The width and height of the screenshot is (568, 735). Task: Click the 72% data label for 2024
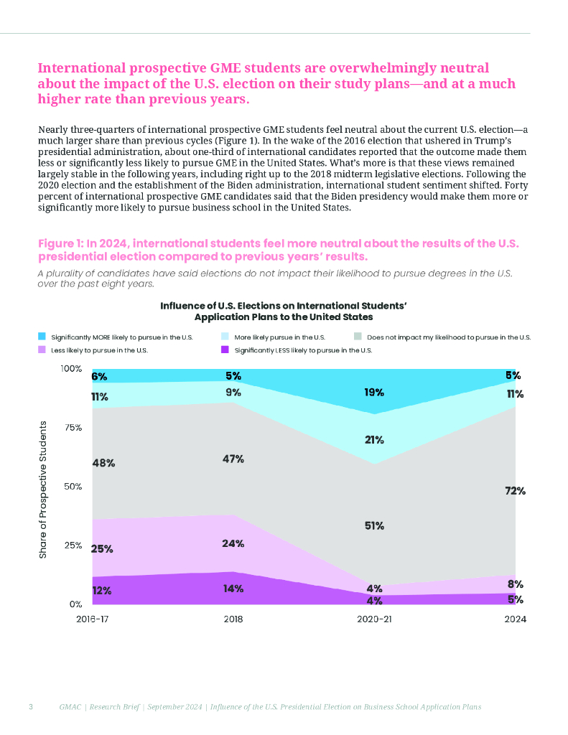(x=516, y=491)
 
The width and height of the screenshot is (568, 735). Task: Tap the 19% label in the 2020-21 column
(x=373, y=393)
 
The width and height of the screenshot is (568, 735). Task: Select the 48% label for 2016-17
(x=103, y=463)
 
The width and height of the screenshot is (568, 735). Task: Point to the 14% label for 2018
(x=233, y=589)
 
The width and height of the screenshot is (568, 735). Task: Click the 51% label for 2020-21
(x=373, y=525)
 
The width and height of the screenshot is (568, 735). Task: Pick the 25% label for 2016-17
(x=102, y=549)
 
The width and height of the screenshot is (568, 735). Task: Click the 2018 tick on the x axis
(x=233, y=619)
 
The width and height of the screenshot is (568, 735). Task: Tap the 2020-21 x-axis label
(x=374, y=619)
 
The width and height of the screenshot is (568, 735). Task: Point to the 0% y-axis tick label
(x=75, y=604)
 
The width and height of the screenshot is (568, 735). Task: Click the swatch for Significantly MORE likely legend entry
(x=42, y=336)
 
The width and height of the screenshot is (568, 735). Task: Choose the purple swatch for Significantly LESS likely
(x=225, y=350)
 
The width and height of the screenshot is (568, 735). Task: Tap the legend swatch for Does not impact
(x=359, y=336)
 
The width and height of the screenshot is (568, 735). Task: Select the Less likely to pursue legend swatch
(x=42, y=350)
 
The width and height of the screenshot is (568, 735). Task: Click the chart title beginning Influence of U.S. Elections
(x=284, y=310)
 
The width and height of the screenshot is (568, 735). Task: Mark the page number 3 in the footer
(x=30, y=707)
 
